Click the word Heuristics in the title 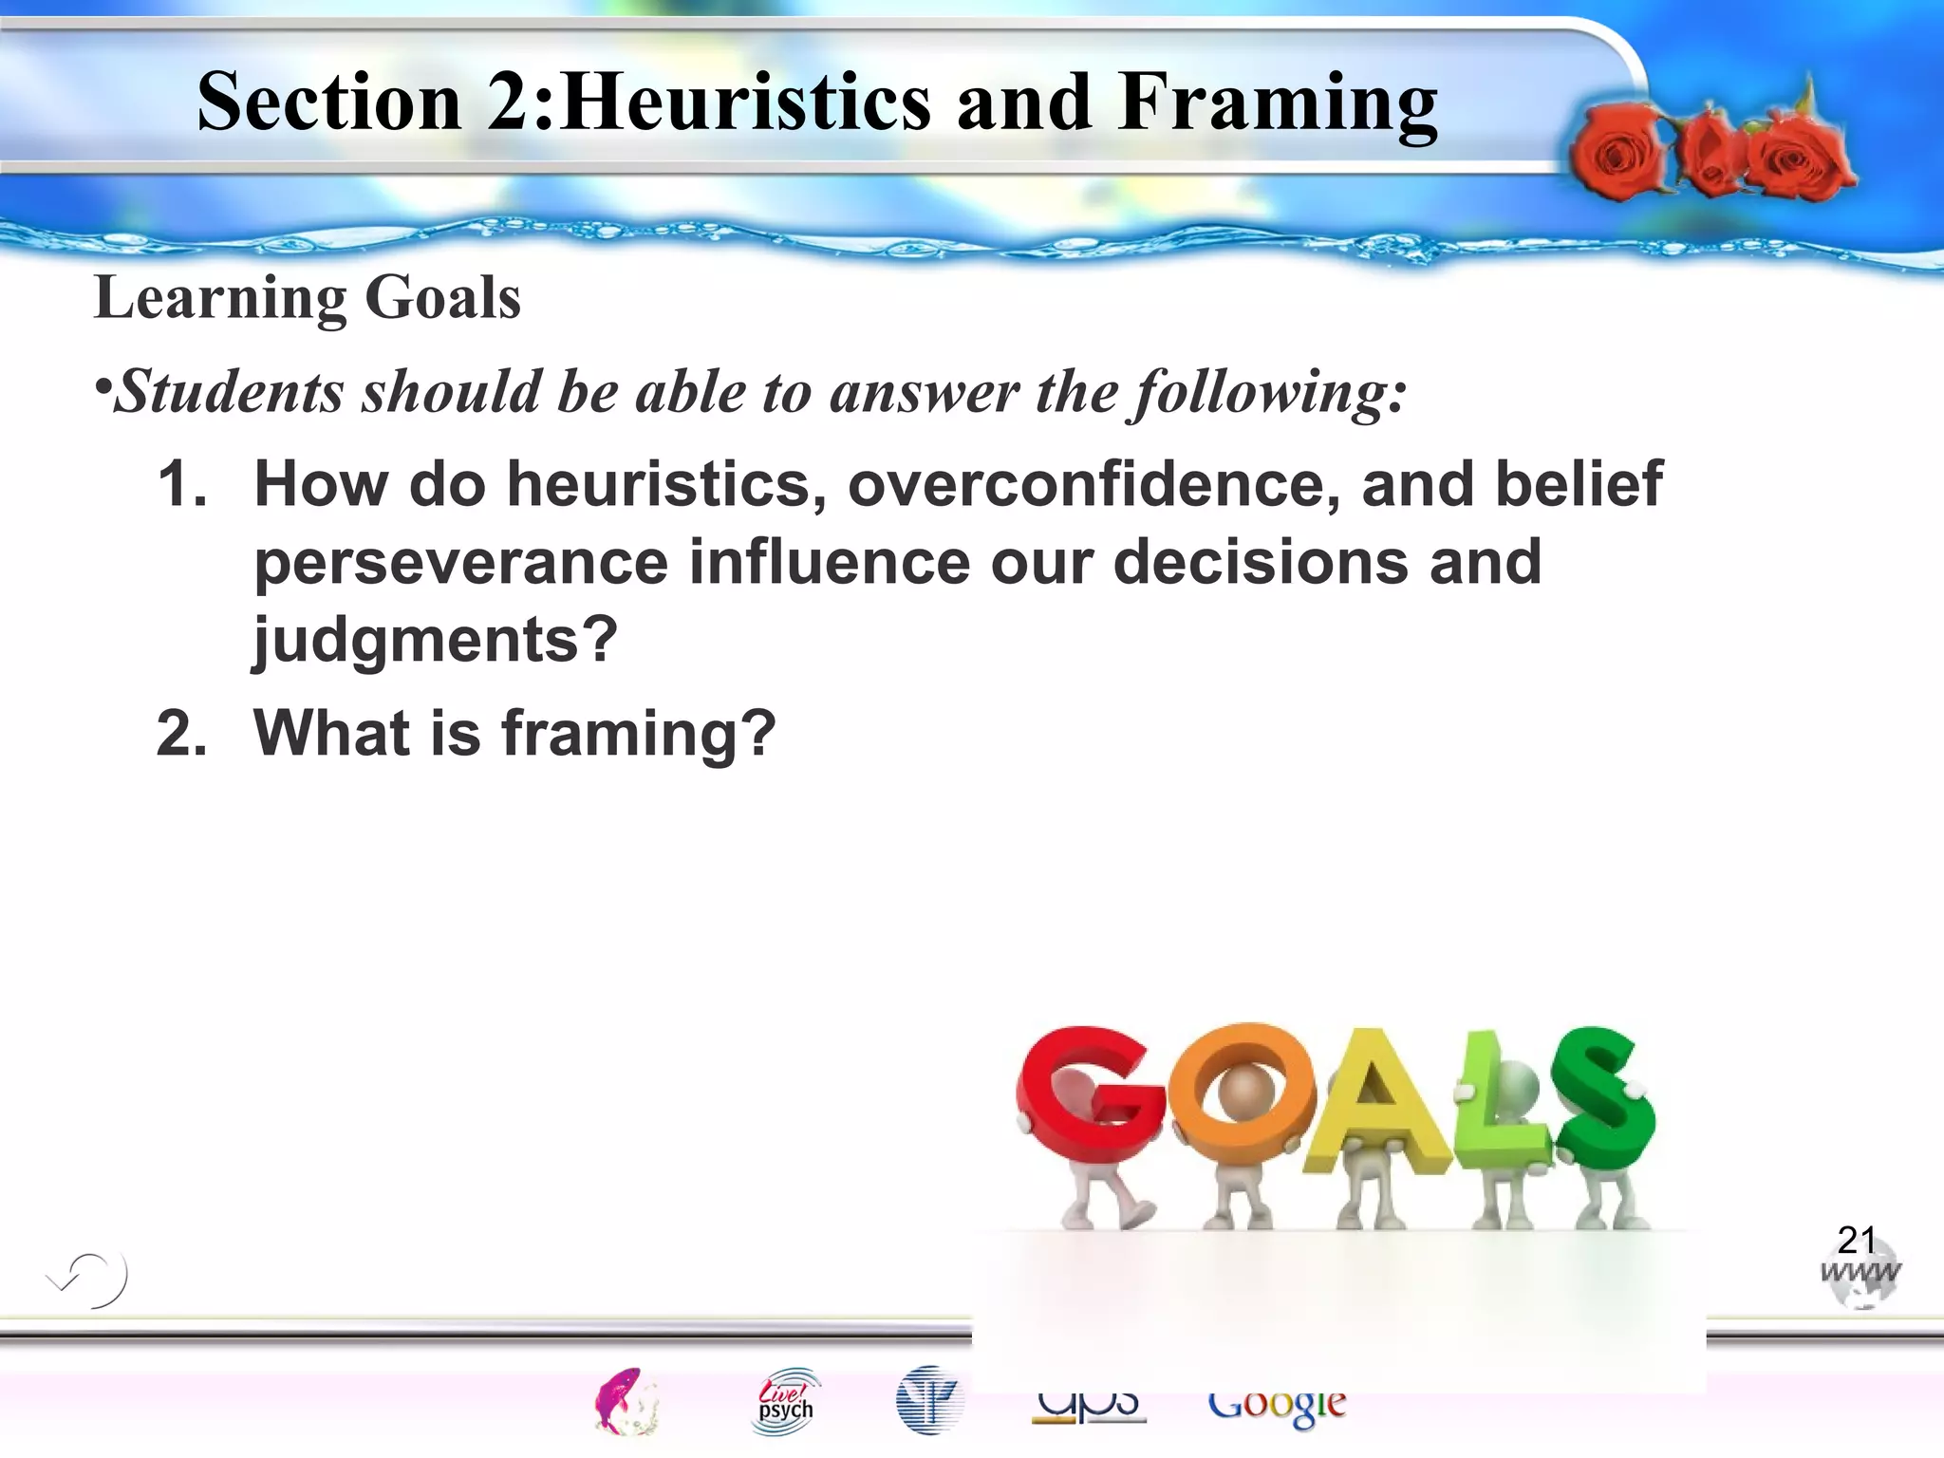tap(746, 102)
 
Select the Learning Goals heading tap(308, 298)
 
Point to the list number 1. tap(181, 484)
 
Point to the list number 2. tap(181, 734)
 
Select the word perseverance tap(461, 562)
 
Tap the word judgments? tap(436, 640)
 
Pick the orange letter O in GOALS tap(1242, 1092)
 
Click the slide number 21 tap(1856, 1240)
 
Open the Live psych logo tap(786, 1401)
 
